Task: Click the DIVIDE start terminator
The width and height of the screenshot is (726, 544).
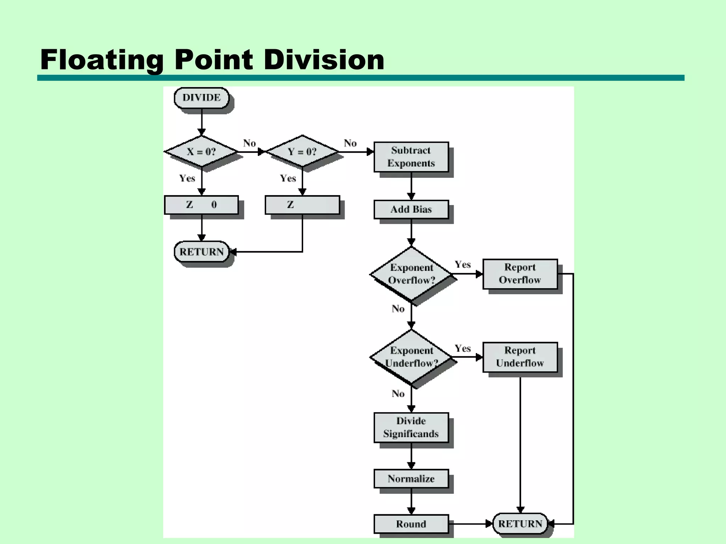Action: tap(201, 98)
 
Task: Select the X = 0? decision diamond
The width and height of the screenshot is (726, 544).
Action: tap(201, 152)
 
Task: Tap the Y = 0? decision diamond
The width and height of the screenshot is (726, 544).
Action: tap(302, 152)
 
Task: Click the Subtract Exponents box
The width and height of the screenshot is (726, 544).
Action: tap(411, 157)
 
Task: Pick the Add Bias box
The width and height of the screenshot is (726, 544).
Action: tap(411, 209)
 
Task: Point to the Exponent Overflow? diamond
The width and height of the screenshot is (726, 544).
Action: tap(411, 274)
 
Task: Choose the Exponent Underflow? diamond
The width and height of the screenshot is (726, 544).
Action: tap(411, 357)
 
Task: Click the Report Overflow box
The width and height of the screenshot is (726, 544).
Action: tap(520, 274)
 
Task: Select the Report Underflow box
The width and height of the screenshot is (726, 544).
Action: tap(520, 357)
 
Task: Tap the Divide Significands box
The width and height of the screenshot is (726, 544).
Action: tap(411, 427)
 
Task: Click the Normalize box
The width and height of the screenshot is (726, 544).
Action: tap(411, 479)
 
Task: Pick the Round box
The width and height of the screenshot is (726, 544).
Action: tap(411, 524)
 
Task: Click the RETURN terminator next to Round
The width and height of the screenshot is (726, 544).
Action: tap(520, 524)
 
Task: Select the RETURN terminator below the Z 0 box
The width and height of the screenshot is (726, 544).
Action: tap(201, 252)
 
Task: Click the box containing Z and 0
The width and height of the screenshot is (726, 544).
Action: tap(201, 205)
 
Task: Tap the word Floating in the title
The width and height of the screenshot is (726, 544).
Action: tap(102, 59)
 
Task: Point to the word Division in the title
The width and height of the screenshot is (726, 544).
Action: tap(324, 59)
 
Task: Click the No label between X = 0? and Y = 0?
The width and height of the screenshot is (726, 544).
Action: tap(249, 143)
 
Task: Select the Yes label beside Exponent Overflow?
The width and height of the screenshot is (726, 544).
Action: tap(463, 265)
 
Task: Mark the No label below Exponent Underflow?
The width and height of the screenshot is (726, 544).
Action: tap(398, 393)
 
